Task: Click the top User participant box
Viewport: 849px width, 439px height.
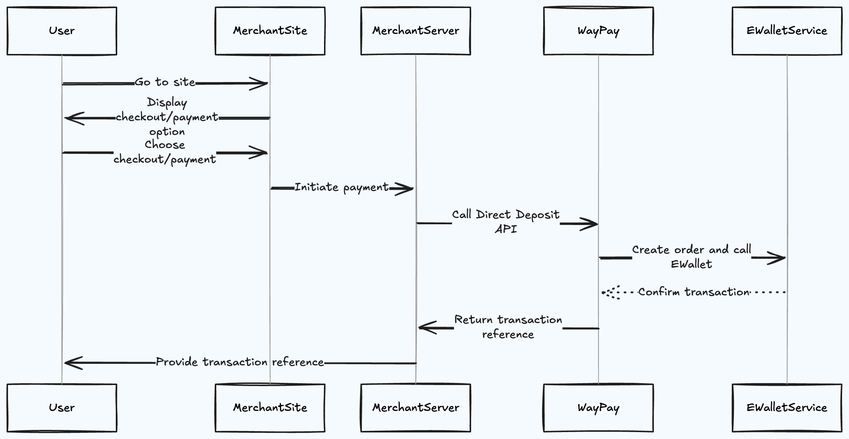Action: click(x=62, y=31)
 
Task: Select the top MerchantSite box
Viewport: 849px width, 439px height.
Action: click(x=270, y=31)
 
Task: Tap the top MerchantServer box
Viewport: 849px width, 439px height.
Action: click(x=415, y=31)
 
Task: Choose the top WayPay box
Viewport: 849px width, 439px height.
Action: click(x=598, y=31)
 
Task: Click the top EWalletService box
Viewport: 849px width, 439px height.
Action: click(x=787, y=31)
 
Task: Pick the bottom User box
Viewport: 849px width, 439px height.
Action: click(x=62, y=408)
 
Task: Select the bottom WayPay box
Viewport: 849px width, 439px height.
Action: click(x=598, y=408)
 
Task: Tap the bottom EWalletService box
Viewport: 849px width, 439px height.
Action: click(x=787, y=408)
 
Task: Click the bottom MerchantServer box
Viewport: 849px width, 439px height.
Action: click(x=415, y=408)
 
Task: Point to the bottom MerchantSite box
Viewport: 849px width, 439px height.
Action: click(x=270, y=408)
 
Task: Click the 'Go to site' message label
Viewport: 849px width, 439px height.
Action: click(x=165, y=82)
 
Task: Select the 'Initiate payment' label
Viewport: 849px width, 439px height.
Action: click(x=341, y=187)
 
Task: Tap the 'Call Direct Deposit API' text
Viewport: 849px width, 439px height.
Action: click(x=506, y=221)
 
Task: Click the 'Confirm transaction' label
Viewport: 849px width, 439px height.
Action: click(x=694, y=292)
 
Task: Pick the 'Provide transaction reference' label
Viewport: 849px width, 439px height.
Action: click(x=240, y=362)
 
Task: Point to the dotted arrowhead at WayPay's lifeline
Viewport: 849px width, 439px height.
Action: click(x=610, y=292)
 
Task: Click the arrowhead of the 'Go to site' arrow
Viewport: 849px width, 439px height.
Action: click(x=260, y=83)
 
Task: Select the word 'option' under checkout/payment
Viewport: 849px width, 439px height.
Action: click(x=167, y=132)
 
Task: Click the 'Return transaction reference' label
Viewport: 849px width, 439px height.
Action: click(x=508, y=327)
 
